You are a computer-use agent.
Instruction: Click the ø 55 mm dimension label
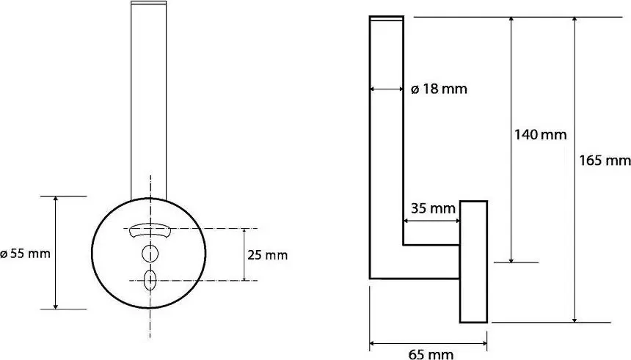coord(26,254)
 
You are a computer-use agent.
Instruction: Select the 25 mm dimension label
coord(268,255)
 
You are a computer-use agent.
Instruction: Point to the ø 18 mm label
coord(439,89)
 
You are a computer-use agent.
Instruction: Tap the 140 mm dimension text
coord(541,134)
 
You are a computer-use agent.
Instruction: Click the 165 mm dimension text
coord(605,161)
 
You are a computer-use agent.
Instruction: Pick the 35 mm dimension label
coord(433,208)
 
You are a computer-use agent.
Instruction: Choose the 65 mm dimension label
coord(431,354)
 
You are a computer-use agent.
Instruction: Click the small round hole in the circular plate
coord(150,254)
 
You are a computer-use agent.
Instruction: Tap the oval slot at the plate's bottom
coord(150,280)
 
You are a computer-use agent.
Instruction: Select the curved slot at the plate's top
coord(149,230)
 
